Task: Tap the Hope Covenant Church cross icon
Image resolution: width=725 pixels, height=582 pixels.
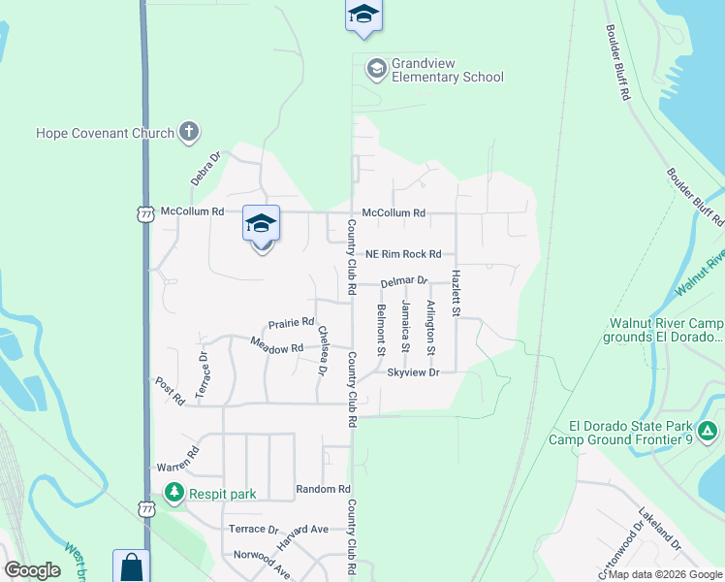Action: point(189,132)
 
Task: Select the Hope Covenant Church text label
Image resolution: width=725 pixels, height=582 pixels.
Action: point(105,133)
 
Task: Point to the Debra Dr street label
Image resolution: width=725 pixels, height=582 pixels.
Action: point(205,167)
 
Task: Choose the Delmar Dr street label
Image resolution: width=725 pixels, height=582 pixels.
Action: point(404,281)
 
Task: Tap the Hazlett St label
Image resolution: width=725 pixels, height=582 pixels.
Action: point(455,292)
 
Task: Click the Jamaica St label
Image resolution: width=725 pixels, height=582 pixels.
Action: point(406,327)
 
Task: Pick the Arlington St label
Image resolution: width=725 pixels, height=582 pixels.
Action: point(431,327)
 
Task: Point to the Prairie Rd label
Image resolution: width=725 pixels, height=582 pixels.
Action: point(291,322)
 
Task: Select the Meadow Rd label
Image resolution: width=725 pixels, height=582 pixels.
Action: point(270,344)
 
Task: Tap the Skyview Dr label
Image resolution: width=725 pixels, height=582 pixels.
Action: point(414,372)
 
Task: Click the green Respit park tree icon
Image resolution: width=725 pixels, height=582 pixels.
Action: point(173,493)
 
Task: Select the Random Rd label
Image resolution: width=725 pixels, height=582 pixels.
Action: point(323,489)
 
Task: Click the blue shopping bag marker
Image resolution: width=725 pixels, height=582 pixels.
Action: point(132,567)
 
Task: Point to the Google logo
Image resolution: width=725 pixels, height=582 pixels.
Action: point(33,570)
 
